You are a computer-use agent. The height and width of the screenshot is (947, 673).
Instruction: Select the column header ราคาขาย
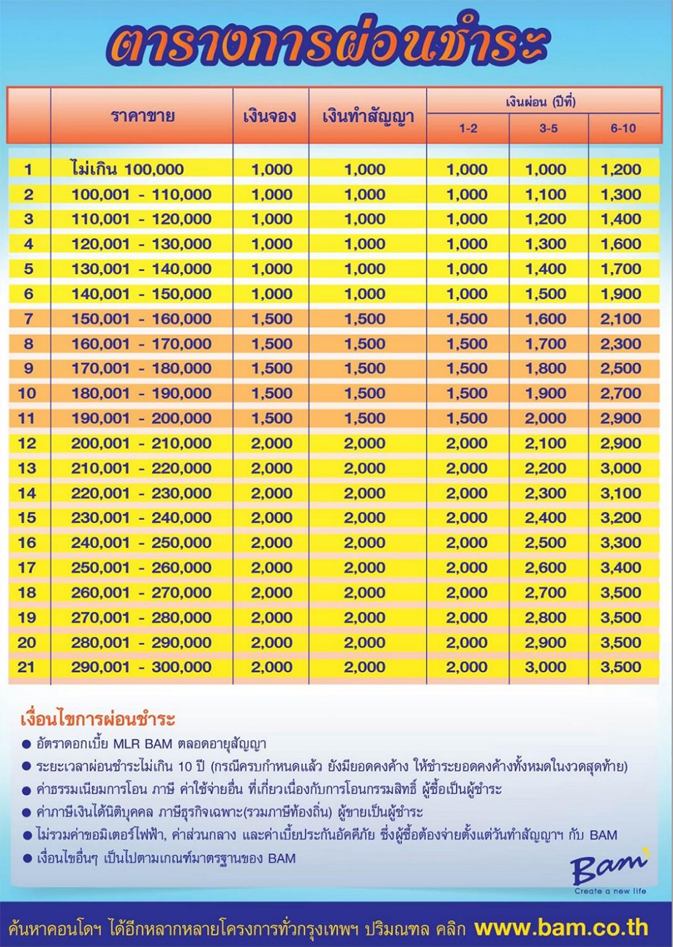coord(142,116)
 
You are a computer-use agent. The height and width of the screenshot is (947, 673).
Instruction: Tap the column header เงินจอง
coord(271,116)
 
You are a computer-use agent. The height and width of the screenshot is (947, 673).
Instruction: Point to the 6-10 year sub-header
coord(623,129)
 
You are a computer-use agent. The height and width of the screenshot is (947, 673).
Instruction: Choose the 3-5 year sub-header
coord(546,129)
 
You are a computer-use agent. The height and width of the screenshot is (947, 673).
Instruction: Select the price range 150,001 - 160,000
coord(142,319)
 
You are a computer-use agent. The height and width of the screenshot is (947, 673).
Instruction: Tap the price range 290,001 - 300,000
coord(142,667)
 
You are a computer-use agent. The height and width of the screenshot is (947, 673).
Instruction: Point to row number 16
coord(27,543)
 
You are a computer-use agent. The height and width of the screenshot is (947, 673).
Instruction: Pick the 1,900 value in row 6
coord(620,294)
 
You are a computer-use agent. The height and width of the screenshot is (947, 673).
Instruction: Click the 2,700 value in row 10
coord(620,393)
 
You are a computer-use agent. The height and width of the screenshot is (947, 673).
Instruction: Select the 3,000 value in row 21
coord(546,667)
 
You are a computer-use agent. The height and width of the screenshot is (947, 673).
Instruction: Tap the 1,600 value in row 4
coord(620,244)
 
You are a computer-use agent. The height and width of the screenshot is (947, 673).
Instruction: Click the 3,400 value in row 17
coord(620,567)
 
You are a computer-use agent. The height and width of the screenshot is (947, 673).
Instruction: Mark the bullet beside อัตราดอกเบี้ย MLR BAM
coord(26,745)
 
